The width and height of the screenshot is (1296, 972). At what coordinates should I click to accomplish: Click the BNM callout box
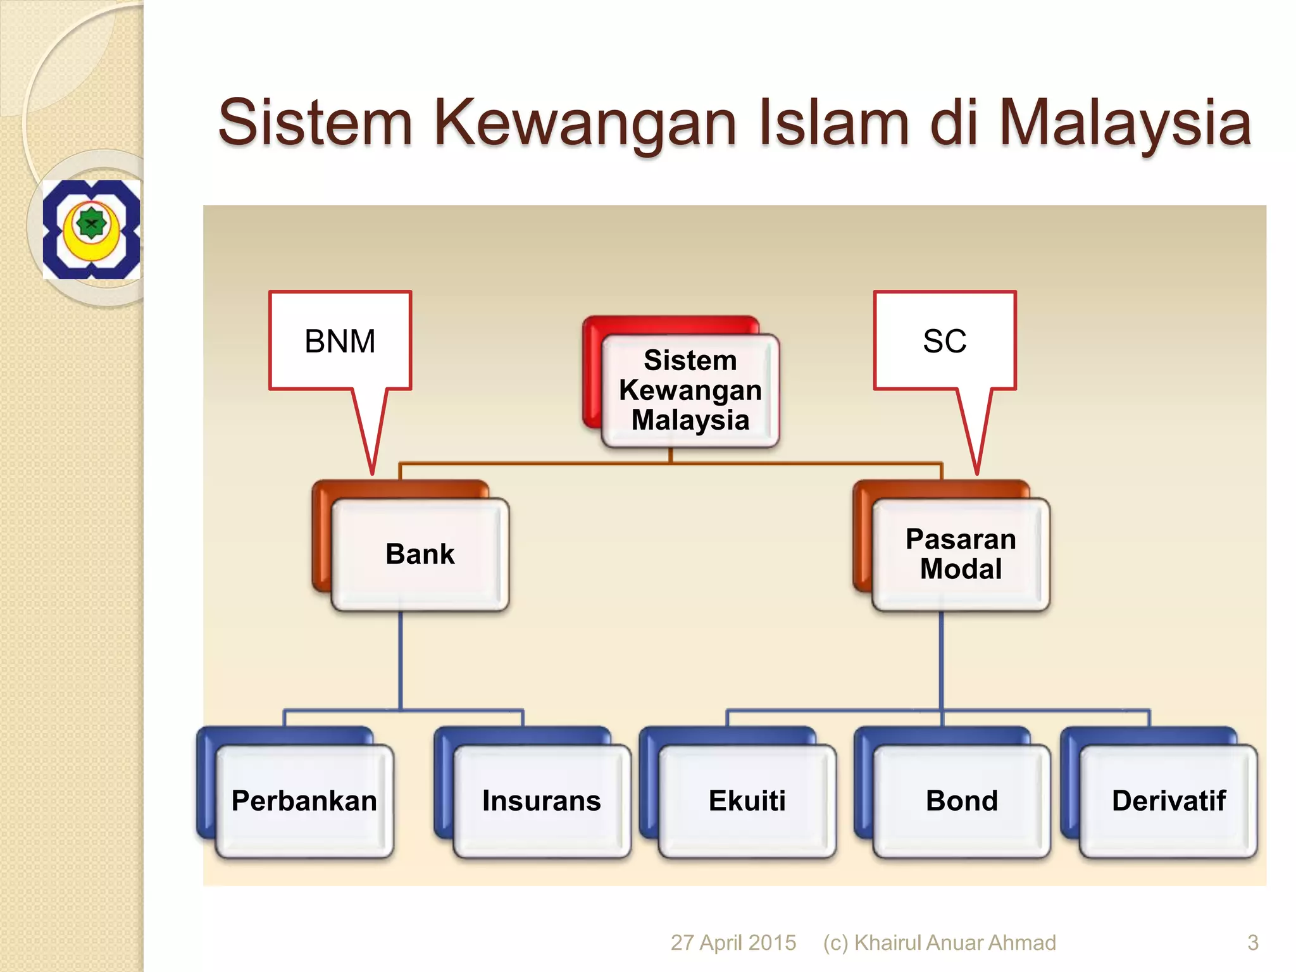[340, 341]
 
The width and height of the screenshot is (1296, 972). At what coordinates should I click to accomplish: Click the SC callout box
[945, 341]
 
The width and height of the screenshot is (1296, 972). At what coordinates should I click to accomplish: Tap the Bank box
[420, 554]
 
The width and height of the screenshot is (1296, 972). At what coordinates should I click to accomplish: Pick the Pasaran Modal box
[961, 554]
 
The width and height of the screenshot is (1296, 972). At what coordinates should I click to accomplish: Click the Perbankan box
[304, 801]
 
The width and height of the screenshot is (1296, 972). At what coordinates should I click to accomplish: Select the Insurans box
[542, 801]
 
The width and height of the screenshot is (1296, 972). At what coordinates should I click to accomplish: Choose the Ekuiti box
[747, 801]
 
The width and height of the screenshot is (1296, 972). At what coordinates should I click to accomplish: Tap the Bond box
[962, 801]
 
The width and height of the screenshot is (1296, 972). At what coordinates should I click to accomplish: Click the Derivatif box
[1168, 801]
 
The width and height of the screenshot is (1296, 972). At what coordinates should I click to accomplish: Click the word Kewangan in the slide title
[585, 123]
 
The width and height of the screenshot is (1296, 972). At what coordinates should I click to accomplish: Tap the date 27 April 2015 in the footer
[733, 942]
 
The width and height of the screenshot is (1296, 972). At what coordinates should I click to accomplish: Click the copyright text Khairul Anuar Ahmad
[954, 942]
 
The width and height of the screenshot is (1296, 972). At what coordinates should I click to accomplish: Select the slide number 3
[1252, 942]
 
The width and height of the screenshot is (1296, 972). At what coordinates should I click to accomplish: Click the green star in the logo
[91, 223]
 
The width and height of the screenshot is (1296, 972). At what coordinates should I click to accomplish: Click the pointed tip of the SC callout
[977, 471]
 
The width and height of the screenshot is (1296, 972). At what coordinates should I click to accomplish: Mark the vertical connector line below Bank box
[401, 661]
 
